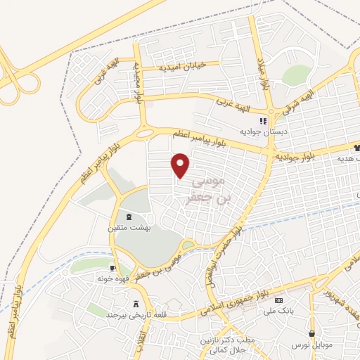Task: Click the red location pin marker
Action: [181, 165]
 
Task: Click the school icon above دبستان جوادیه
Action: [264, 121]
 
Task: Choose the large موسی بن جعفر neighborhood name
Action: [210, 189]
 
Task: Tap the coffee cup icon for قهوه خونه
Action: [112, 268]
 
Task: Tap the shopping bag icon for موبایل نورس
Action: [311, 333]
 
